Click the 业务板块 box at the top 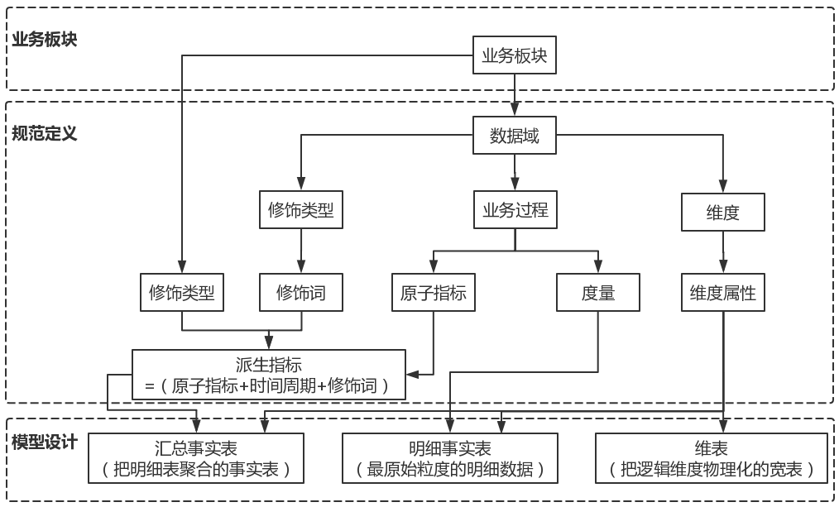pyautogui.click(x=515, y=55)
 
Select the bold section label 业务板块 pyautogui.click(x=45, y=39)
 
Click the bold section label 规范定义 pyautogui.click(x=45, y=133)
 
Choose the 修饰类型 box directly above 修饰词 pyautogui.click(x=300, y=210)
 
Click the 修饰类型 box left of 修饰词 pyautogui.click(x=181, y=292)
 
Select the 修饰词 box pyautogui.click(x=300, y=292)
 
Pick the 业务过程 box pyautogui.click(x=515, y=210)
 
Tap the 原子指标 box pyautogui.click(x=434, y=292)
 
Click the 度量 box pyautogui.click(x=597, y=292)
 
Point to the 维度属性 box pyautogui.click(x=723, y=292)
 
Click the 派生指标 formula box pyautogui.click(x=269, y=375)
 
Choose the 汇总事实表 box pyautogui.click(x=195, y=459)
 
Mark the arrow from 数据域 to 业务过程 pyautogui.click(x=515, y=173)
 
